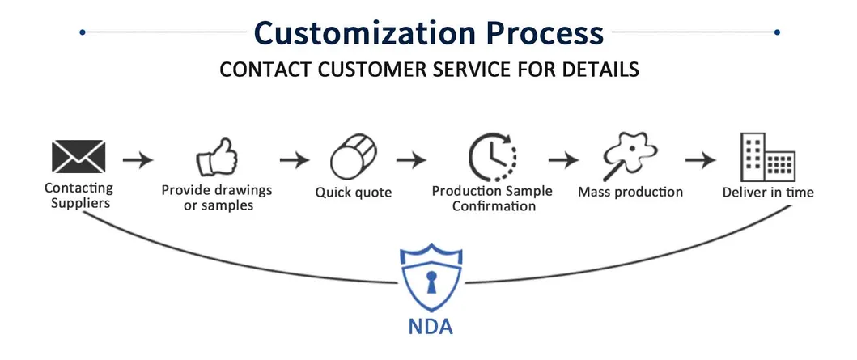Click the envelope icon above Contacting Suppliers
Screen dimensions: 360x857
point(78,156)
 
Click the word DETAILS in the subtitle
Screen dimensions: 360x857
point(598,70)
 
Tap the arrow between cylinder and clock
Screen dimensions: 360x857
point(412,159)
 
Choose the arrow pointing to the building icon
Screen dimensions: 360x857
point(700,159)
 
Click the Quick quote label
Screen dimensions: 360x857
point(353,193)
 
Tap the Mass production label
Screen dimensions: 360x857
point(630,193)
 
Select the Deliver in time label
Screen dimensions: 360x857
point(768,193)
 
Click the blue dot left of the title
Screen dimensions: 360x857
point(82,32)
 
